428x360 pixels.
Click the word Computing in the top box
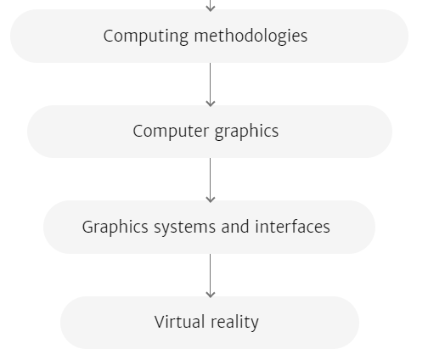tap(145, 37)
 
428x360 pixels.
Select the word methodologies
tap(251, 37)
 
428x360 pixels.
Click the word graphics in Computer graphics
tap(246, 132)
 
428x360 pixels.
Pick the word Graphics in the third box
tap(115, 228)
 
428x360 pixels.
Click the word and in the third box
tap(235, 227)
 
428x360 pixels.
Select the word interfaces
tap(292, 227)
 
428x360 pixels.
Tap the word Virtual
tap(179, 322)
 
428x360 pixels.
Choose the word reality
tap(234, 323)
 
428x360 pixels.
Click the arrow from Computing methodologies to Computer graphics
tap(210, 85)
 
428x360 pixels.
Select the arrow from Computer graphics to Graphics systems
tap(210, 180)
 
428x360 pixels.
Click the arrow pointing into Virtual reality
tap(210, 276)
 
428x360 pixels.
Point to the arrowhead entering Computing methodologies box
tap(210, 9)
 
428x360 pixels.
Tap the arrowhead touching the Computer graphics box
tap(210, 104)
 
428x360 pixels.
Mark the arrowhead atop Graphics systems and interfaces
tap(210, 200)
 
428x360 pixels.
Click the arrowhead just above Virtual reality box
tap(210, 295)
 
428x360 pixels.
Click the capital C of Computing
tap(109, 36)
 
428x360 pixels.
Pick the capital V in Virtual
tap(160, 322)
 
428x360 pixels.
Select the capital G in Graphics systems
tap(88, 227)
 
